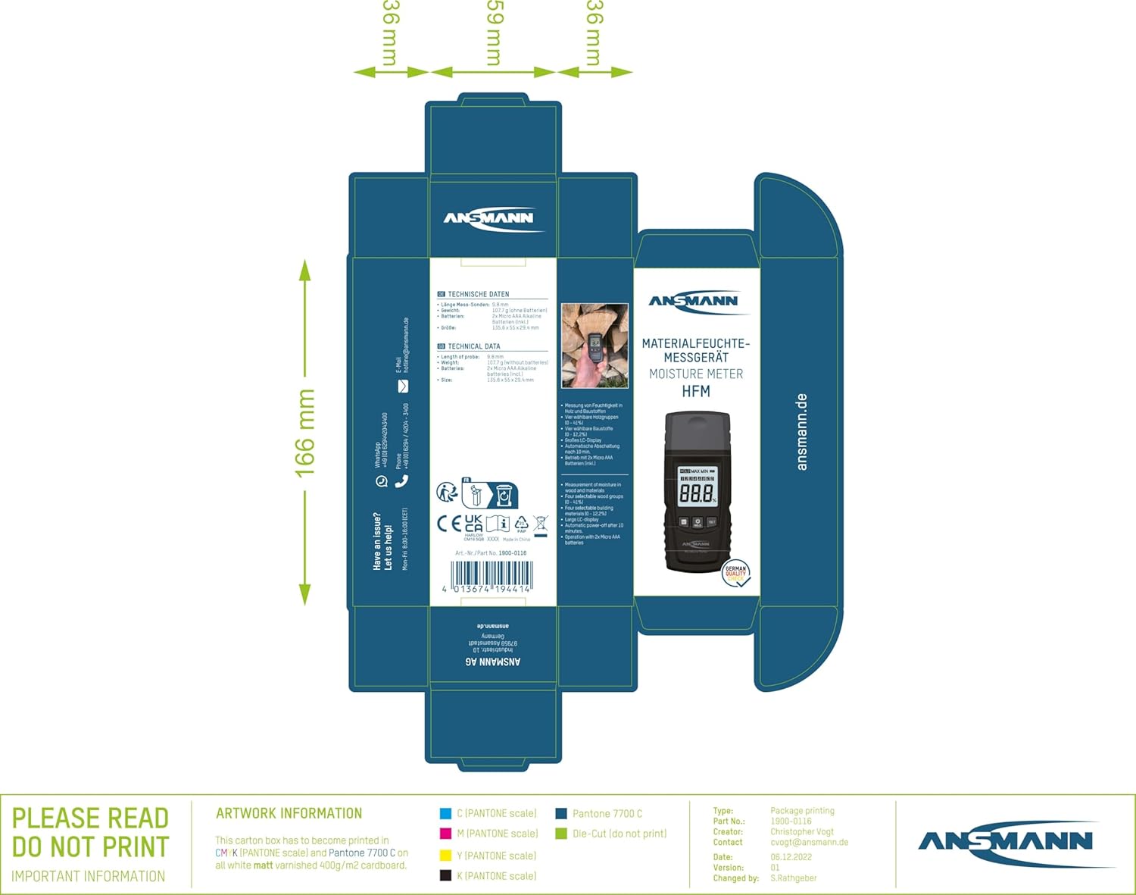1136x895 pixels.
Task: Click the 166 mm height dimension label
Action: click(304, 433)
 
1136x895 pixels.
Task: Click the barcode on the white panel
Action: click(492, 577)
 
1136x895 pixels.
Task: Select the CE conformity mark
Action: click(449, 523)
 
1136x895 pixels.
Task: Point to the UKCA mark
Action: click(473, 523)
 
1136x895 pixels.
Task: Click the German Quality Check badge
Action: click(736, 574)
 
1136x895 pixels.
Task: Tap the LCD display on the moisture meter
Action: click(697, 490)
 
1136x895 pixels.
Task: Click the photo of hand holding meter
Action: click(595, 346)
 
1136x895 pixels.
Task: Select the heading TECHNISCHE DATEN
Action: click(478, 294)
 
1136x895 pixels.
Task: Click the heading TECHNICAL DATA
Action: click(473, 346)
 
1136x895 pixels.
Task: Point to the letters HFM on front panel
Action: click(696, 391)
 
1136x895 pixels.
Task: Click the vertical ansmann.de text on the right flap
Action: click(802, 432)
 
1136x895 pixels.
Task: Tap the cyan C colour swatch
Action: click(446, 813)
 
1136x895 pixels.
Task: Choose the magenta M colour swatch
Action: click(446, 834)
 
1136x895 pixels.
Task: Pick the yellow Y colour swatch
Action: click(446, 856)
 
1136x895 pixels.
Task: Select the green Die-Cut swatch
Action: click(561, 834)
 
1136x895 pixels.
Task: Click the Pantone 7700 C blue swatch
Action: click(561, 813)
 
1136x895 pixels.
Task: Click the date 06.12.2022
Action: click(791, 857)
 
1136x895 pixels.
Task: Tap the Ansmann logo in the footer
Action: click(1006, 842)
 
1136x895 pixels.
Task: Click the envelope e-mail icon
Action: click(403, 386)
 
